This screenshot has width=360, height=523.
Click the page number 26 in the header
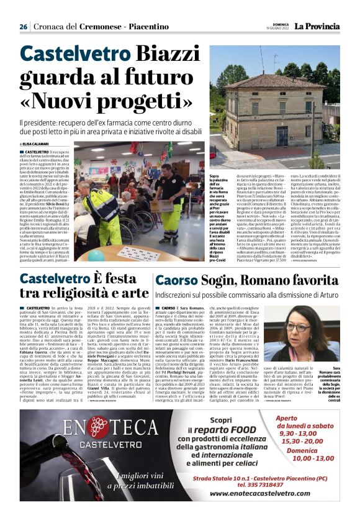click(23, 27)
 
